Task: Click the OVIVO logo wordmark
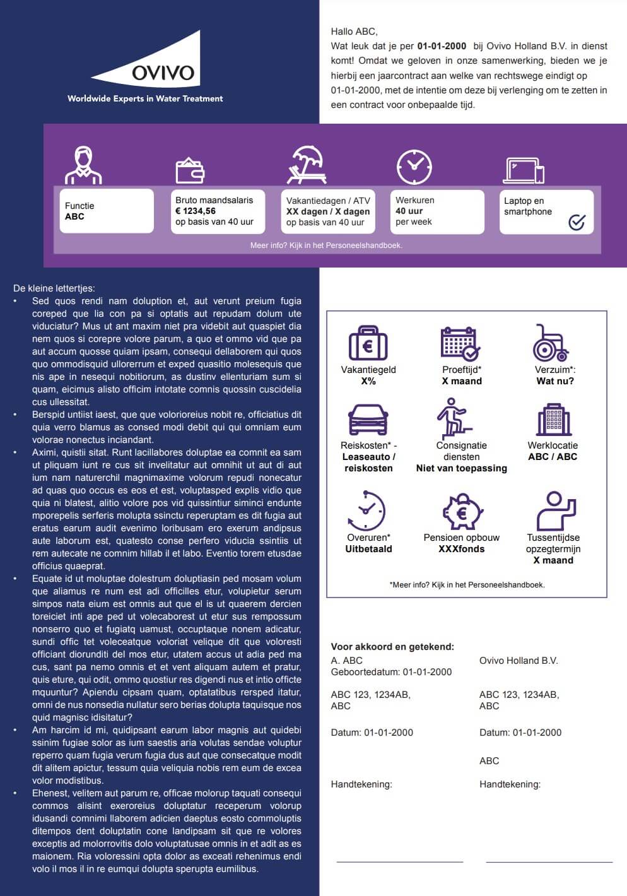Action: pos(163,73)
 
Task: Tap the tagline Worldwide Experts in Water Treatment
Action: pos(145,98)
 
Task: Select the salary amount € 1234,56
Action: pos(196,211)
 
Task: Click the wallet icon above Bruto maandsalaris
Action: pos(189,170)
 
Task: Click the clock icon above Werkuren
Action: pos(414,167)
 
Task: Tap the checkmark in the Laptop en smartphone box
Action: pos(577,221)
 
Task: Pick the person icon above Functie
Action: pos(83,165)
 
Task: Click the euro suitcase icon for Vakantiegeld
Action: pos(368,344)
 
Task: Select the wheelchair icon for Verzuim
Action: pos(550,343)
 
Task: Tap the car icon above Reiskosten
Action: pos(368,419)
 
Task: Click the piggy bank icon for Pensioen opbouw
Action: pos(462,512)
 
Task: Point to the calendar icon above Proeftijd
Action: pos(460,343)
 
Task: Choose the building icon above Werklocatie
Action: pos(553,419)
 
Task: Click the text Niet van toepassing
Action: pos(461,468)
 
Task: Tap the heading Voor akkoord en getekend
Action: pos(392,647)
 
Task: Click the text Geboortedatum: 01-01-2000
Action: pos(391,672)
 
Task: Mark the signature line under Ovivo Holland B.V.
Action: pos(549,861)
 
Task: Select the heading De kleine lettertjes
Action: pos(54,288)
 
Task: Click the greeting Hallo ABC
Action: pos(354,31)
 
